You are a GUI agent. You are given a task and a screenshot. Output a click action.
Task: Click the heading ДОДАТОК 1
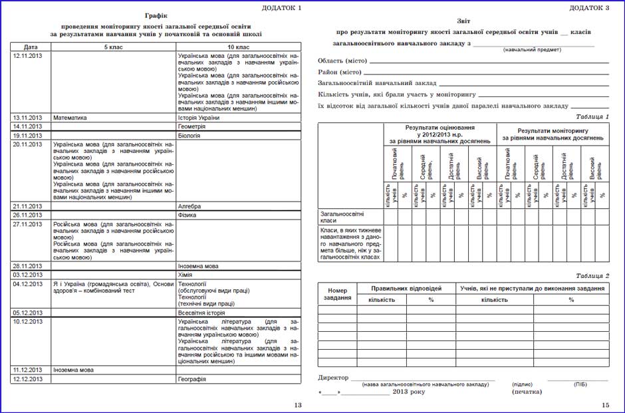(x=281, y=7)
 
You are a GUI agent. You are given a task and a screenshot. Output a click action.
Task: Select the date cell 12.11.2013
(x=27, y=56)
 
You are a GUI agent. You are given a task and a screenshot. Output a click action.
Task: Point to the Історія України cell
(x=199, y=118)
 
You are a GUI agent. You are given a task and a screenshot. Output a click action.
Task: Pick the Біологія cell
(x=189, y=135)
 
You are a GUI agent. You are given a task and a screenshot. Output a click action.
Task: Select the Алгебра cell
(x=189, y=206)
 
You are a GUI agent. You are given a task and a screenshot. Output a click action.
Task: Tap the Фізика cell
(x=188, y=215)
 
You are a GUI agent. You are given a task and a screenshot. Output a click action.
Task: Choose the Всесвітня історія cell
(x=201, y=313)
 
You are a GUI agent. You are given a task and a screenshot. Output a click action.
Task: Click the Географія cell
(x=192, y=379)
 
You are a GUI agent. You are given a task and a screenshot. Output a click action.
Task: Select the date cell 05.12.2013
(x=27, y=313)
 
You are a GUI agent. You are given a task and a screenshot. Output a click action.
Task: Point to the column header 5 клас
(x=112, y=47)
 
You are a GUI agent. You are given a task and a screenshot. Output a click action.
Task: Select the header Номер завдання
(x=338, y=293)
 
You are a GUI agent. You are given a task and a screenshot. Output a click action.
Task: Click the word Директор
(x=333, y=378)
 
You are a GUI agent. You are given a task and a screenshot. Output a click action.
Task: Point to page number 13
(x=297, y=405)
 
